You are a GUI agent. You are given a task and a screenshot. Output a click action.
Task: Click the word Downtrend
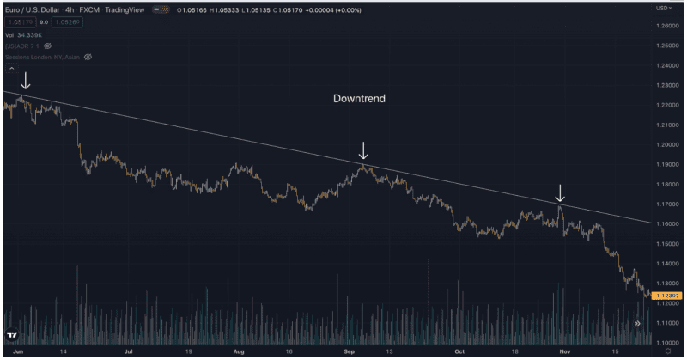coord(359,99)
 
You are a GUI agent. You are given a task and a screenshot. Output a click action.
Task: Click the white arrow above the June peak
coord(26,81)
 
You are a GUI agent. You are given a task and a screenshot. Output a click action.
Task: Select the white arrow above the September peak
coord(363,150)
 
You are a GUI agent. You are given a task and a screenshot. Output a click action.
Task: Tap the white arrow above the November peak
coord(560,192)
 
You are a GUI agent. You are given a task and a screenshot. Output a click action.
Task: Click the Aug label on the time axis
coord(239,351)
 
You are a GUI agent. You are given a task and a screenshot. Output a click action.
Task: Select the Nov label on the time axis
coord(564,351)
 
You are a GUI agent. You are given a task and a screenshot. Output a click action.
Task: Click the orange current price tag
coord(667,296)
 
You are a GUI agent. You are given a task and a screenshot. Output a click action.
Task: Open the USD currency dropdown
coord(663,8)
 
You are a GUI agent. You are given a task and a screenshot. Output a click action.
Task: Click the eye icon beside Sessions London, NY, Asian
coord(88,57)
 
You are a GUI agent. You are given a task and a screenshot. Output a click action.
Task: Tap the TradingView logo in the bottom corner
coord(12,336)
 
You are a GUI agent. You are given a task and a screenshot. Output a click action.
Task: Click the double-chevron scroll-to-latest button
coord(638,323)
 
